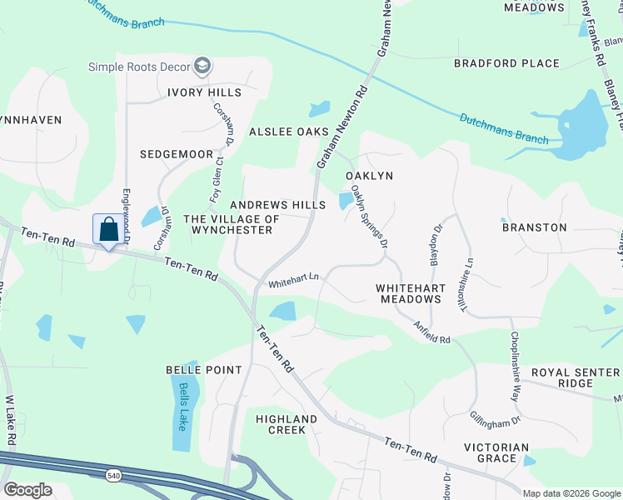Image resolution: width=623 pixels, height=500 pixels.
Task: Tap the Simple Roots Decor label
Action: tap(139, 66)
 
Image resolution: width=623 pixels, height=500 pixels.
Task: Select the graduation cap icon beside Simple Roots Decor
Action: tap(202, 65)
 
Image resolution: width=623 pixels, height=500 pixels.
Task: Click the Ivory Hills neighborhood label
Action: tap(204, 92)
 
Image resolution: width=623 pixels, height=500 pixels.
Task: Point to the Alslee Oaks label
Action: tap(289, 132)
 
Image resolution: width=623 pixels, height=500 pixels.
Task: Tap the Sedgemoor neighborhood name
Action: tap(177, 154)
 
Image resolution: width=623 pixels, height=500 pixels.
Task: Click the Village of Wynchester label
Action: tap(227, 224)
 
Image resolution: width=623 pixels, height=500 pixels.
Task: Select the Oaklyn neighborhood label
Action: tap(369, 176)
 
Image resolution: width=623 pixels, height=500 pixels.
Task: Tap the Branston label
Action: tap(534, 227)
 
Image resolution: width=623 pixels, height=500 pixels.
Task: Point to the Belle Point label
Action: tap(204, 369)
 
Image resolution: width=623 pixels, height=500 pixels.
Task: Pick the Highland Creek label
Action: tap(287, 424)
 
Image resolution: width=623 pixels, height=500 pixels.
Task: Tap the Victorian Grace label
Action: tap(496, 452)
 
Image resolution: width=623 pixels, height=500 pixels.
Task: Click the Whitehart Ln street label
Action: tap(293, 284)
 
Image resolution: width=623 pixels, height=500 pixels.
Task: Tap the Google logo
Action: tap(27, 489)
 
